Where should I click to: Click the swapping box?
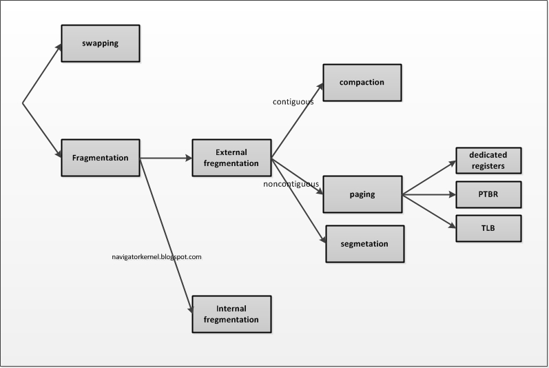tap(101, 44)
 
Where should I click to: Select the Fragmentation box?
tap(101, 158)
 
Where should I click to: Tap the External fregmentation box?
tap(231, 158)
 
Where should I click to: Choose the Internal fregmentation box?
tap(231, 314)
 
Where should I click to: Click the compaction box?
tap(362, 83)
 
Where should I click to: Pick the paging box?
tap(362, 194)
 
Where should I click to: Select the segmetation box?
tap(364, 244)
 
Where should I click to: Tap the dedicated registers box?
tap(488, 161)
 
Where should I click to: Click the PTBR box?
tap(488, 195)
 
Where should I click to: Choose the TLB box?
tap(488, 228)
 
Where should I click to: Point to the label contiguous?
tap(293, 102)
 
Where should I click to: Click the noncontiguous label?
tap(291, 185)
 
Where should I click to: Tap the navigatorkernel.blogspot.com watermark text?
tap(156, 256)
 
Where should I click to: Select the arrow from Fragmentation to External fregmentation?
tap(165, 158)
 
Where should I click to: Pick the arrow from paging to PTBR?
tap(428, 195)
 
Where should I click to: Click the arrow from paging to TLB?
tap(428, 211)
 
